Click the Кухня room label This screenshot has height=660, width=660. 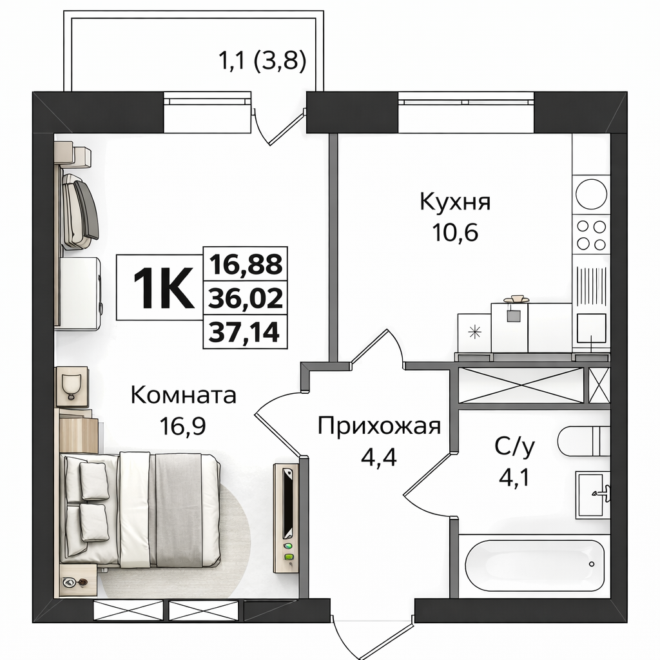click(455, 202)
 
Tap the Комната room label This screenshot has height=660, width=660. click(184, 396)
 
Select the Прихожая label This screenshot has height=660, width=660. click(379, 426)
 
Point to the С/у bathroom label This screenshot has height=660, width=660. click(514, 447)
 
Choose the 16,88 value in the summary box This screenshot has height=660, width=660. click(246, 264)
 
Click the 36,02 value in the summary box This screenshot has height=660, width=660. click(246, 298)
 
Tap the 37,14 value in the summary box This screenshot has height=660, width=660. click(244, 332)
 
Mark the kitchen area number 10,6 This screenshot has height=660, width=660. click(455, 232)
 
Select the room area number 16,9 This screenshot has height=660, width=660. click(182, 426)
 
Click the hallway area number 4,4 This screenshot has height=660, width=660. click(379, 456)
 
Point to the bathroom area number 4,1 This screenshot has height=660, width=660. click(514, 478)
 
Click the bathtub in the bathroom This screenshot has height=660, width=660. click(534, 563)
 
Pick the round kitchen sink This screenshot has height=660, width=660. click(591, 193)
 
